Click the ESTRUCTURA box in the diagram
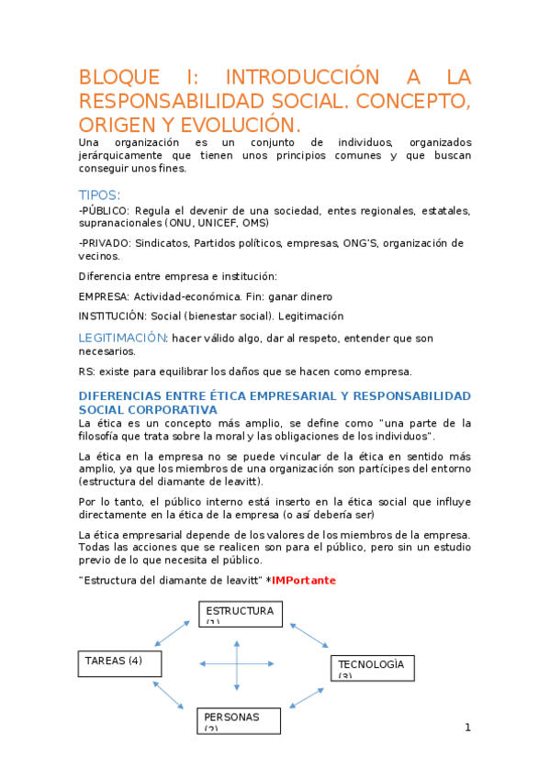pos(240,613)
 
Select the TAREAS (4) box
pos(119,662)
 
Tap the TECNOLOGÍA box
pos(372,667)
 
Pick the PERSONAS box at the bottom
pos(238,720)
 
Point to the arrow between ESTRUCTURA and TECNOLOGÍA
pos(307,638)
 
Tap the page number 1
pos(467,728)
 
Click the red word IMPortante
pos(304,581)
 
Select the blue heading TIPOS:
pos(99,194)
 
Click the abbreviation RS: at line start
pos(87,372)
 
